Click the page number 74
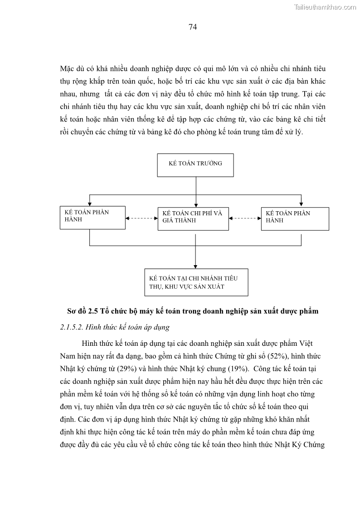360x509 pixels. pos(192,27)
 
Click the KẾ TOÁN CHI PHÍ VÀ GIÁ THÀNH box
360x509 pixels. pos(193,218)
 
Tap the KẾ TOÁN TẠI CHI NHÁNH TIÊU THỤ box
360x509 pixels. pos(196,282)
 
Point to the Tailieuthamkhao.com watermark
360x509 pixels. pos(325,7)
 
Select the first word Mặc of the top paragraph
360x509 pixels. pos(68,69)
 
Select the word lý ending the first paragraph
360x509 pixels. pos(299,132)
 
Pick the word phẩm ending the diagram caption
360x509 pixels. pos(309,311)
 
